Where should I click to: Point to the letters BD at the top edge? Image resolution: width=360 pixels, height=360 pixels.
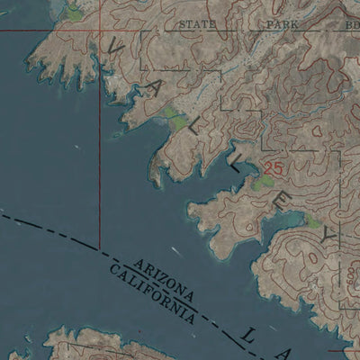click(351, 24)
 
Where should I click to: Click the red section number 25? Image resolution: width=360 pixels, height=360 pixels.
click(274, 168)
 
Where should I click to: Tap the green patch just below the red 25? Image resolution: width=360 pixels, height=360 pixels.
click(263, 183)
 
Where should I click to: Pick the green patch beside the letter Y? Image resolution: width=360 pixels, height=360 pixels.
click(313, 221)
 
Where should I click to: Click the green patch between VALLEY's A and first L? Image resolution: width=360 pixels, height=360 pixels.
click(175, 116)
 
